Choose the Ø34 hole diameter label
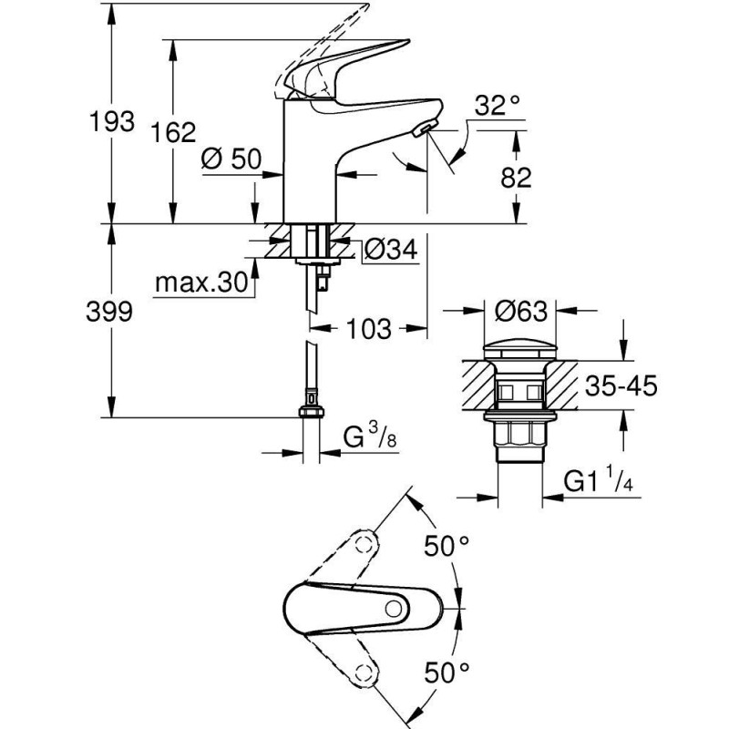389,248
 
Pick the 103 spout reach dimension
369,329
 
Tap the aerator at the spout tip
422,132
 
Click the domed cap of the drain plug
520,350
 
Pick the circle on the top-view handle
395,608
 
